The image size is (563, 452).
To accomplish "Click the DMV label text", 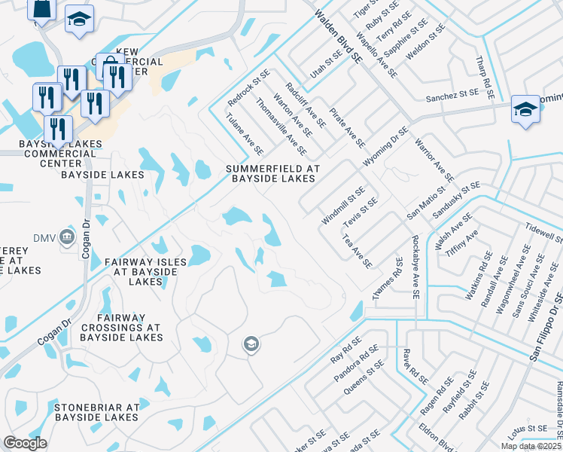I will click(45, 238).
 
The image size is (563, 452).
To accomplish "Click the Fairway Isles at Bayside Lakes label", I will click(145, 271).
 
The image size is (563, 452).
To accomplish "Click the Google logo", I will click(25, 443).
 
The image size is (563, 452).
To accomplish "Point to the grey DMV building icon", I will click(67, 237).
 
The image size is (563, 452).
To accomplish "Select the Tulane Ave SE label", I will click(245, 134).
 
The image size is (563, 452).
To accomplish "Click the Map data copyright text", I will click(531, 445).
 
